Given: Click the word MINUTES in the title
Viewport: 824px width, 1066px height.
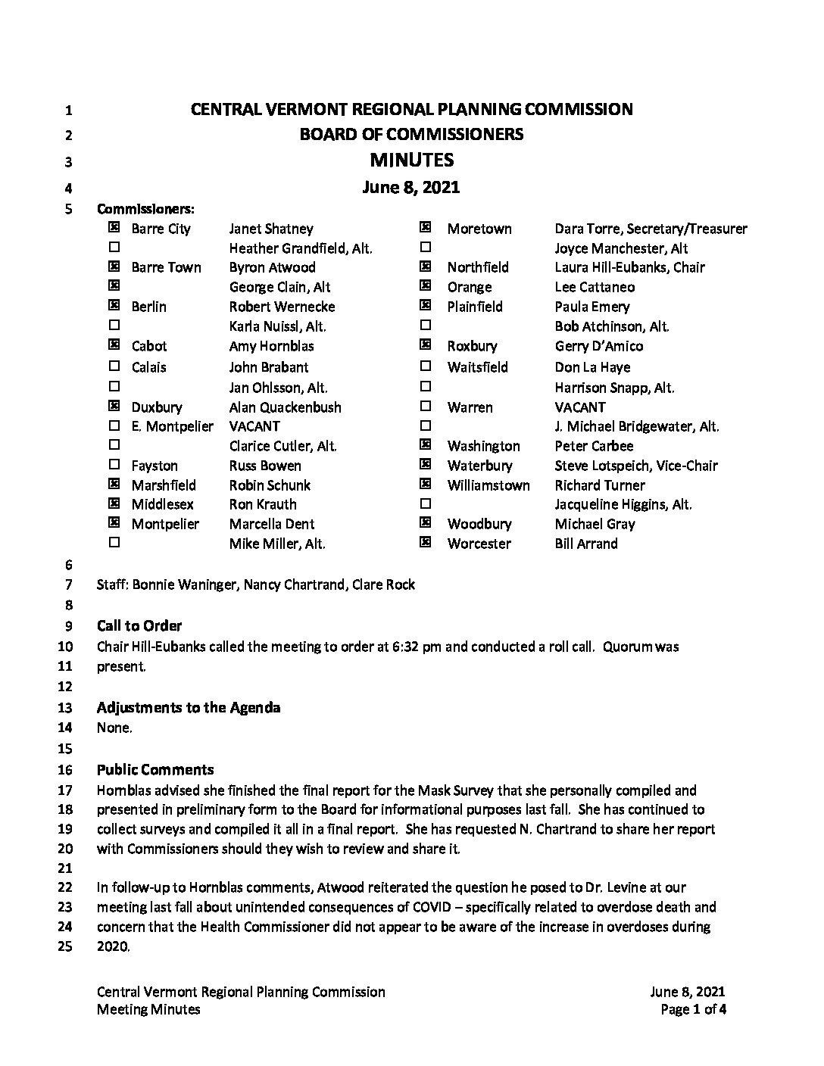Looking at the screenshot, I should coord(411,161).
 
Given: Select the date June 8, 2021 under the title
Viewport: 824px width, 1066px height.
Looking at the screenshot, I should coord(411,187).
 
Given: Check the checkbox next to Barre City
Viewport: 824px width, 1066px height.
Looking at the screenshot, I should coord(114,227).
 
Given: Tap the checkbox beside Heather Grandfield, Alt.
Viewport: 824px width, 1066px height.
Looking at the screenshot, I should coord(114,247).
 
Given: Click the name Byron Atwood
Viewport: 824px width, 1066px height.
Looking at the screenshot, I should coord(272,267).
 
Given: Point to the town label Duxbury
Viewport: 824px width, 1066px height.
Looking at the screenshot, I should coord(157,407).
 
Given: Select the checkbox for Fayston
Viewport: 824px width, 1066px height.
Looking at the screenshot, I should coord(114,465).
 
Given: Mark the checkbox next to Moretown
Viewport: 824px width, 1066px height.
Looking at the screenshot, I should coord(426,227).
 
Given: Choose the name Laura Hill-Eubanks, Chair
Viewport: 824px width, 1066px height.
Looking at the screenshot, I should coord(629,267).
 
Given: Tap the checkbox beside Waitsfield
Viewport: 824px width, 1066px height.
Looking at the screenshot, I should coord(426,366).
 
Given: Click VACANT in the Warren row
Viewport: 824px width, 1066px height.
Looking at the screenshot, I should coord(579,407).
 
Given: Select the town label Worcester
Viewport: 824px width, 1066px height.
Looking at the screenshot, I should coord(479,544).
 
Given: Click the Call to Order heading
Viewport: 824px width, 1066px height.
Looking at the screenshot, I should coord(139,626).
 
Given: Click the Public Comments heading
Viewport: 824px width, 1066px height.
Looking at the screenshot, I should coord(155,770).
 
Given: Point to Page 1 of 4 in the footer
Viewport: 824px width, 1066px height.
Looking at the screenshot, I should coord(693,1009).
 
